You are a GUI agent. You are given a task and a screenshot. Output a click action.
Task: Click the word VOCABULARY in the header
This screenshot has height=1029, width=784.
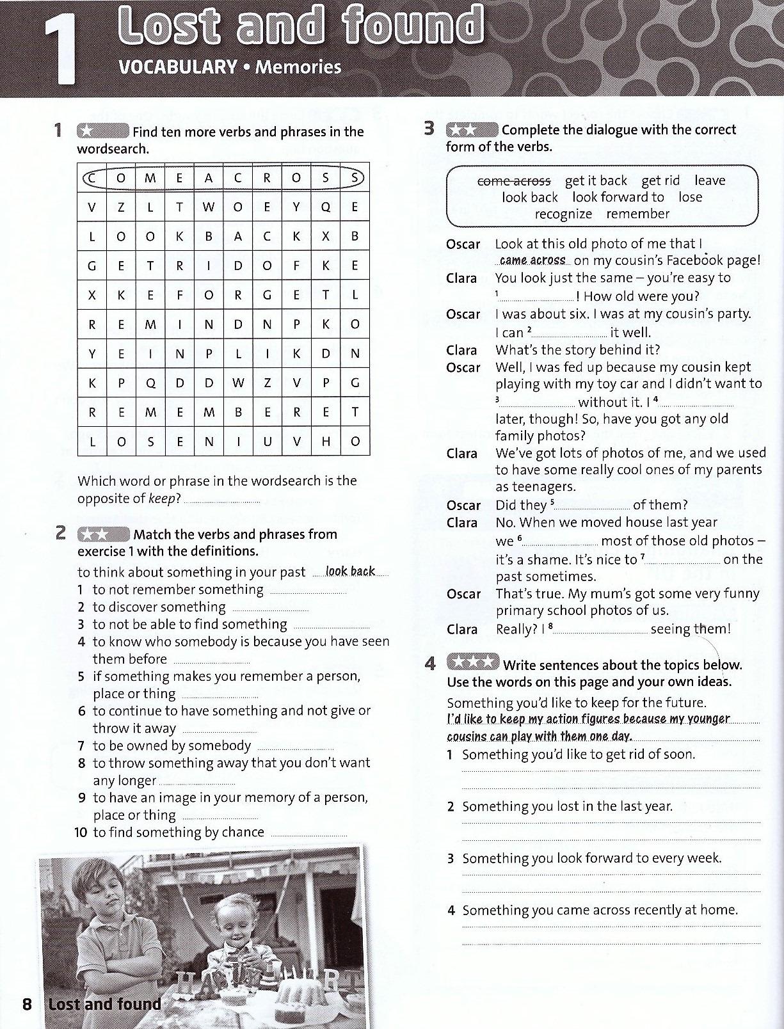pyautogui.click(x=178, y=67)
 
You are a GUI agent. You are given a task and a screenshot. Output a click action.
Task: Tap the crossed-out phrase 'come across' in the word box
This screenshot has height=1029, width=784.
pyautogui.click(x=514, y=181)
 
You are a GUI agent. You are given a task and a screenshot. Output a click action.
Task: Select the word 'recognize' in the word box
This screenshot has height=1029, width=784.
pyautogui.click(x=563, y=214)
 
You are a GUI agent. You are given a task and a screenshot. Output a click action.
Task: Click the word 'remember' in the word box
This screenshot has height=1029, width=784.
pyautogui.click(x=638, y=214)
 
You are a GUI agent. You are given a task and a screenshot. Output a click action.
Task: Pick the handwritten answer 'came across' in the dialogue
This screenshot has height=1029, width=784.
pyautogui.click(x=532, y=260)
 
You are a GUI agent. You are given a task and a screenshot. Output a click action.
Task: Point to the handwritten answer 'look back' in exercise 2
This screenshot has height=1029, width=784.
pyautogui.click(x=350, y=571)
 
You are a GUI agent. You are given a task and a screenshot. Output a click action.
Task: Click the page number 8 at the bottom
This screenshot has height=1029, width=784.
pyautogui.click(x=27, y=1003)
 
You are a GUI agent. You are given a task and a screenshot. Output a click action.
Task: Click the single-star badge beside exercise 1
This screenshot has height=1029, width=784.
pyautogui.click(x=102, y=131)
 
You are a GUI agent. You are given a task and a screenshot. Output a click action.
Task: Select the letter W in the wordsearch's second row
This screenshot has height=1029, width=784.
pyautogui.click(x=209, y=207)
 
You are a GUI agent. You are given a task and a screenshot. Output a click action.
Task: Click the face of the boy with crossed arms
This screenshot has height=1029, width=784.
pyautogui.click(x=103, y=891)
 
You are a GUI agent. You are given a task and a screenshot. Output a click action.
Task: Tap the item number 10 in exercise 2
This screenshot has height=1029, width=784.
pyautogui.click(x=81, y=833)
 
